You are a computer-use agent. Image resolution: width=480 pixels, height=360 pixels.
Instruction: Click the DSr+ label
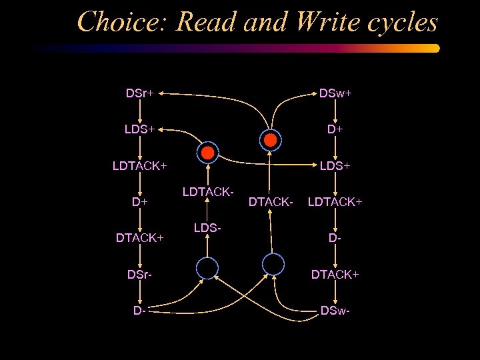[140, 93]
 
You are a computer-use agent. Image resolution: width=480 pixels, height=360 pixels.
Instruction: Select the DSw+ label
[335, 93]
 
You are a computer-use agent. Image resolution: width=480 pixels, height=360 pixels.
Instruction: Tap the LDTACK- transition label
[207, 192]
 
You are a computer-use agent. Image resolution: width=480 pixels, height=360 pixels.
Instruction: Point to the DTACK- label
[271, 200]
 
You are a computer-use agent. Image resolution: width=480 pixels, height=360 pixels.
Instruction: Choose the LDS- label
[207, 228]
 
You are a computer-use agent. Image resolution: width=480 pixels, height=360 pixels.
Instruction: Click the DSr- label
[139, 274]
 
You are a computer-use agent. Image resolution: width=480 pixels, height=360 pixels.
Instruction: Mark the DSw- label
[335, 310]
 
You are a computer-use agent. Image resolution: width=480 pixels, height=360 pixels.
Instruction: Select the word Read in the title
[207, 23]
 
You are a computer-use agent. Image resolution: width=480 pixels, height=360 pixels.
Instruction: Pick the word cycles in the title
[401, 23]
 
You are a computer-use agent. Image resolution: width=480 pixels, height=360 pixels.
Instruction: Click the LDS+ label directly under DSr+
[139, 129]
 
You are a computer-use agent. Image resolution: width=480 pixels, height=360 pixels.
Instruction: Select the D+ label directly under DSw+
[335, 129]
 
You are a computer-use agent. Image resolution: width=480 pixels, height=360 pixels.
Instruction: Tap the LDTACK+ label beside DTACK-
[335, 200]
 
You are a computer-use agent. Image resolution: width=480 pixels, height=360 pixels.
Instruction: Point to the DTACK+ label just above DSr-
[140, 237]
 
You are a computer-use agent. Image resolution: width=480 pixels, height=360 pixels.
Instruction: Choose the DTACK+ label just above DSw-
[335, 274]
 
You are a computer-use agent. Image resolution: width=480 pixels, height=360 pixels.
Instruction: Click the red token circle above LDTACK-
[207, 153]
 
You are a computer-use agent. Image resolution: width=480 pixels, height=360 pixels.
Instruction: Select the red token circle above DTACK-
[271, 139]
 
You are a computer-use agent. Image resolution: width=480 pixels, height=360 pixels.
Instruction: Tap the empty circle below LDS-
[207, 269]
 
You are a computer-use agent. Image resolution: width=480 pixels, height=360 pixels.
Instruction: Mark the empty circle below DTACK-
[273, 264]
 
